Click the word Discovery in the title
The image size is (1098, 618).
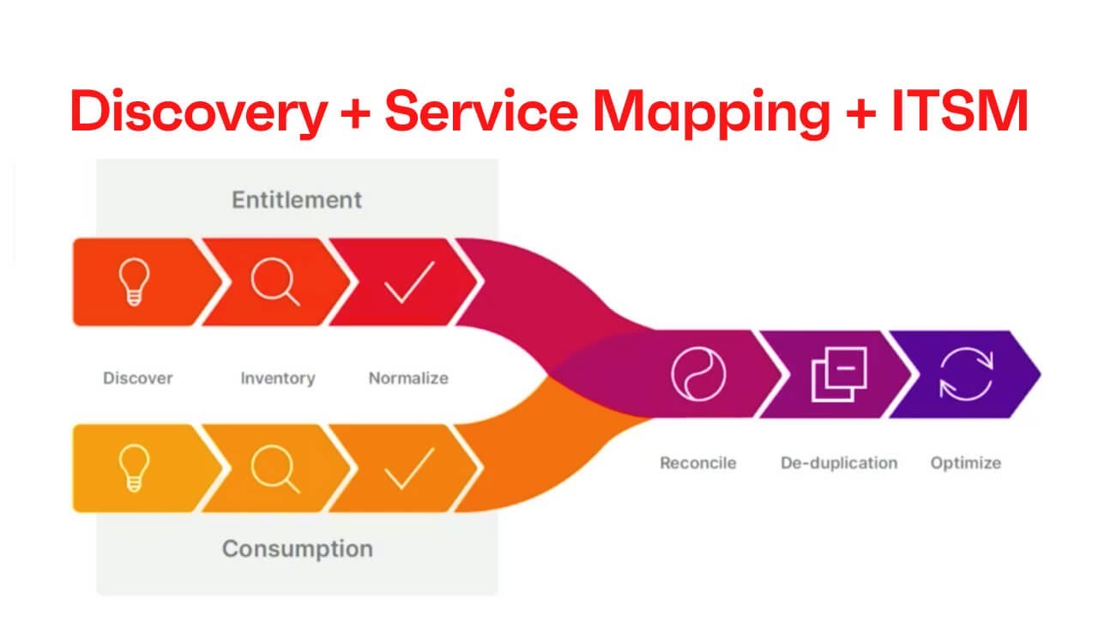198,112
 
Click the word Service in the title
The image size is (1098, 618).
484,112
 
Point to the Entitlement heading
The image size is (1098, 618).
297,200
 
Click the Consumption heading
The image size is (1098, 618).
297,548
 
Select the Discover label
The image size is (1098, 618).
138,378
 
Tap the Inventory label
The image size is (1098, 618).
277,378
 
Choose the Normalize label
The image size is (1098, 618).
408,378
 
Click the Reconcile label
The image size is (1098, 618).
697,463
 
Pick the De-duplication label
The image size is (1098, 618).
838,463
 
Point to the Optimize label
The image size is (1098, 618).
965,463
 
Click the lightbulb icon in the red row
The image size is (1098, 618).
136,282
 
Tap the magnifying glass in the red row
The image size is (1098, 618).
275,282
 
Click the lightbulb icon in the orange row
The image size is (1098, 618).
136,469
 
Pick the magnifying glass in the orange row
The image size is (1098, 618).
275,469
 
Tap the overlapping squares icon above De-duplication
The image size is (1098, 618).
838,374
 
